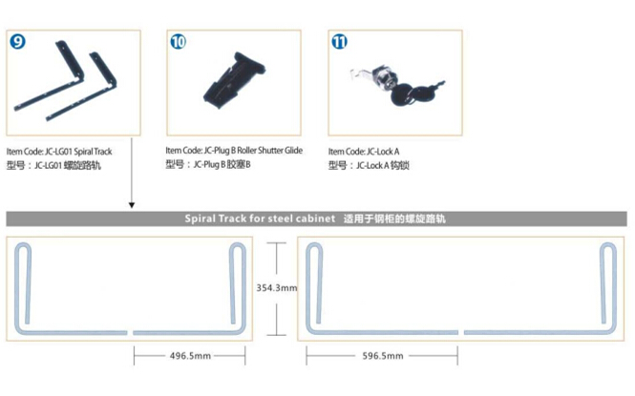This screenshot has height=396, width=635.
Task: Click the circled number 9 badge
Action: (17, 43)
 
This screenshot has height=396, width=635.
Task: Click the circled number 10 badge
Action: (179, 42)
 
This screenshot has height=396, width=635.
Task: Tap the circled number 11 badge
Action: (340, 42)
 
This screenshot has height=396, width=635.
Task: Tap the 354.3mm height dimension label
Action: (278, 287)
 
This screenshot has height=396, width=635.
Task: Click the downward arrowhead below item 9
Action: (131, 204)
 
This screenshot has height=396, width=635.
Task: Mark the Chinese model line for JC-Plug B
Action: (207, 164)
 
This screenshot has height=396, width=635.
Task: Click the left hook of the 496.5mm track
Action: (25, 286)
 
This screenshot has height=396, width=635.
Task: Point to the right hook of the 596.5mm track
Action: (607, 286)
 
